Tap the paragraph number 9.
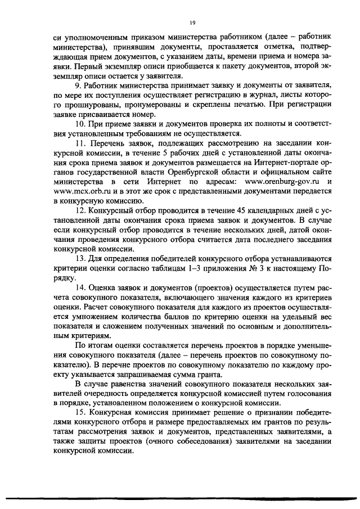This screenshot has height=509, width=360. pyautogui.click(x=77, y=85)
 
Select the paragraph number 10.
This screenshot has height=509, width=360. pyautogui.click(x=79, y=123)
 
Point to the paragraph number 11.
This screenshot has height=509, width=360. pyautogui.click(x=79, y=144)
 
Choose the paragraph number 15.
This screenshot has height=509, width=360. pyautogui.click(x=79, y=421)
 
